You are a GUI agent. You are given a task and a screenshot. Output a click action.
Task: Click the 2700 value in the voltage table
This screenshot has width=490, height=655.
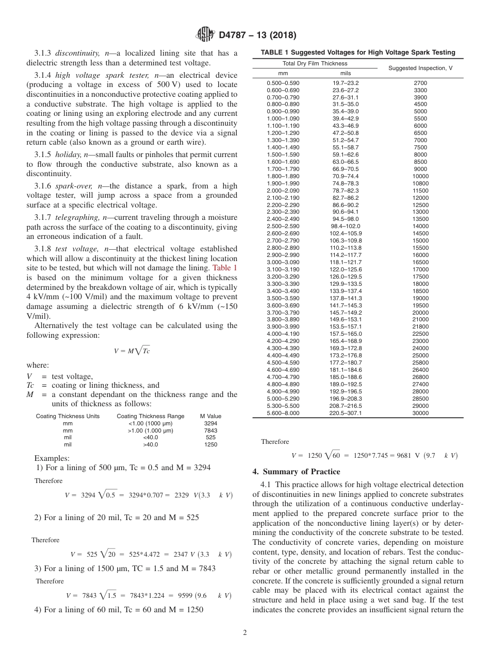(x=420, y=83)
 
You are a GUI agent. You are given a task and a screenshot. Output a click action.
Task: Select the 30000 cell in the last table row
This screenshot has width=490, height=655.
(x=420, y=413)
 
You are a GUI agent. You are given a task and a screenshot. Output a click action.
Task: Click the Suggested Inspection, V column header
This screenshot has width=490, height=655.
(x=420, y=68)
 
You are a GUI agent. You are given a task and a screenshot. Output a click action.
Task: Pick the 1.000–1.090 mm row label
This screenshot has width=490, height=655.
(x=283, y=119)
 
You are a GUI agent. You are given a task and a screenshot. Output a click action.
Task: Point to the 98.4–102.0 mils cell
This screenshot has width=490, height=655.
(x=345, y=226)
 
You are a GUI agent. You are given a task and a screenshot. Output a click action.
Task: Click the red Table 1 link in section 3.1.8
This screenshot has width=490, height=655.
(x=225, y=268)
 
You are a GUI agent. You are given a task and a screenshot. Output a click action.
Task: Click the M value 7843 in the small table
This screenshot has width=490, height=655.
(x=210, y=430)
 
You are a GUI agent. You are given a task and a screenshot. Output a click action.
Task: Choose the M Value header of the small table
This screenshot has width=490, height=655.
(x=210, y=416)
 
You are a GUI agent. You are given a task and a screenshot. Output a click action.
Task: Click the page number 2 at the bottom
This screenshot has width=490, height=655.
(x=245, y=633)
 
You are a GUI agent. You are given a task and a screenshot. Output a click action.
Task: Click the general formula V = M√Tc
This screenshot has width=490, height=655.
(x=132, y=351)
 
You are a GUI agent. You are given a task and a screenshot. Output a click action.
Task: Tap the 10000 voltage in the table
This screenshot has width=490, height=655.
(x=420, y=176)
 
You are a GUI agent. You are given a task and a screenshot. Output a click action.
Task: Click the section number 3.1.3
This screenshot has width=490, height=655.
(x=44, y=54)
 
